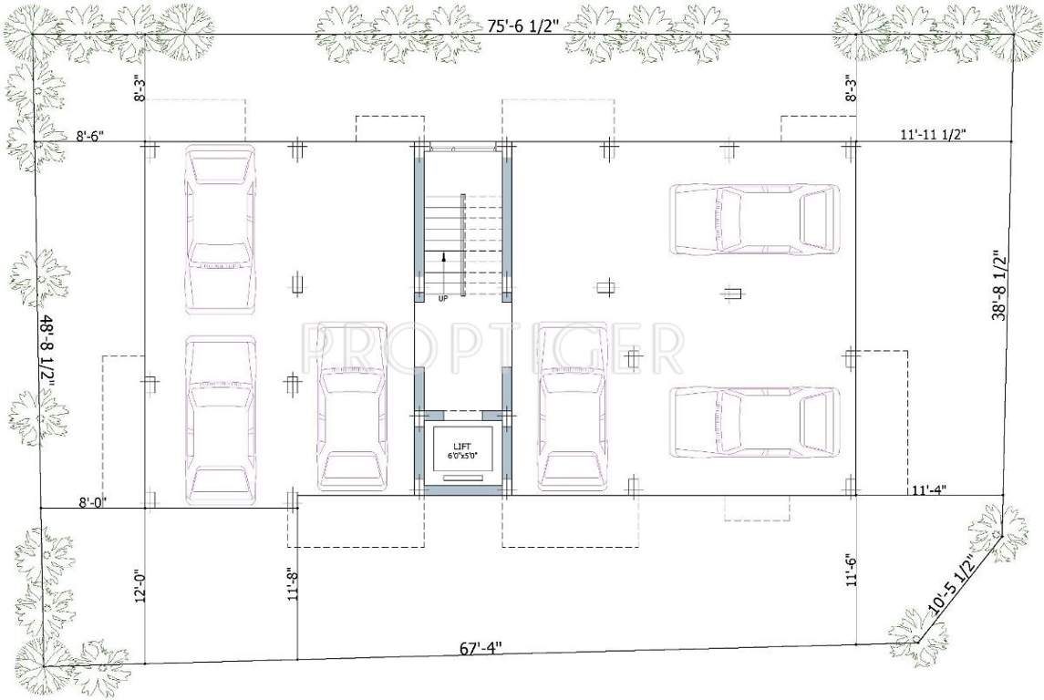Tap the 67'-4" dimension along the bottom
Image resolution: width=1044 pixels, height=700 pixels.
[481, 649]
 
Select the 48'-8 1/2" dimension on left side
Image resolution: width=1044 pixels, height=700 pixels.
[48, 352]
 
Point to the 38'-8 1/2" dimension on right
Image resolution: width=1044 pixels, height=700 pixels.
[999, 286]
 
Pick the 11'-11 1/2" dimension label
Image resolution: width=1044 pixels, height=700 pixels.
[933, 134]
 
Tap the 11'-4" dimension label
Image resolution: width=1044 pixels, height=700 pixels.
[928, 489]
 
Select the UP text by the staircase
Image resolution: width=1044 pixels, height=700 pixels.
[443, 298]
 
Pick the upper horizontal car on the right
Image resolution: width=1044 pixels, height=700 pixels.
[754, 219]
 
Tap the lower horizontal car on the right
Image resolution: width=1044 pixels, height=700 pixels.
[754, 422]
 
